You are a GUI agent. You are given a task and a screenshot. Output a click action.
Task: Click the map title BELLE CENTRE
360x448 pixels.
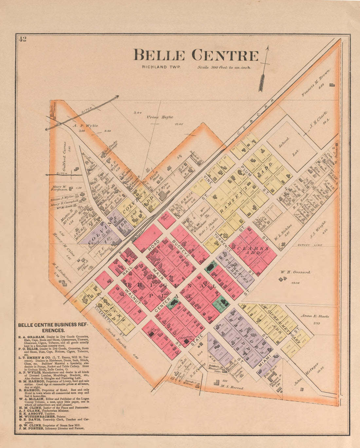(196, 55)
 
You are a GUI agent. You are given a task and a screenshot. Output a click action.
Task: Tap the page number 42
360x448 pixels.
(23, 39)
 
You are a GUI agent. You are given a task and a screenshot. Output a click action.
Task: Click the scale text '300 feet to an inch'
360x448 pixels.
(224, 68)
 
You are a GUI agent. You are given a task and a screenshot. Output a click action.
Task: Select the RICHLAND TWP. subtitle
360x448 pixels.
(161, 67)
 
